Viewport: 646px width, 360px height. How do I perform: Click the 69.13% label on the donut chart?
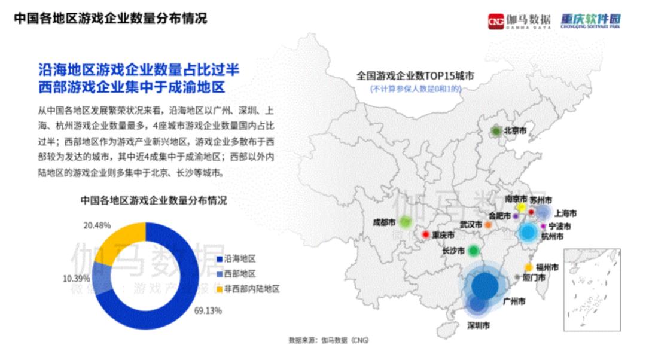pyautogui.click(x=208, y=310)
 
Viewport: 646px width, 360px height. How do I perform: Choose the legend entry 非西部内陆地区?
pyautogui.click(x=251, y=289)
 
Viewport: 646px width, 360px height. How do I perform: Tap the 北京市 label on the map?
pyautogui.click(x=515, y=130)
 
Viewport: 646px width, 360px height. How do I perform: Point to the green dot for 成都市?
pyautogui.click(x=406, y=222)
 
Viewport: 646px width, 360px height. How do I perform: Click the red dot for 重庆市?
pyautogui.click(x=426, y=235)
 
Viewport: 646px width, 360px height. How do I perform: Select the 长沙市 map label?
pyautogui.click(x=453, y=251)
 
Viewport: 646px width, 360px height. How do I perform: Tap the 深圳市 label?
pyautogui.click(x=478, y=326)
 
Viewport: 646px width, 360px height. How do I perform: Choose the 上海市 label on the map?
pyautogui.click(x=565, y=213)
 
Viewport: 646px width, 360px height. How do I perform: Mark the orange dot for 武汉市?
pyautogui.click(x=488, y=225)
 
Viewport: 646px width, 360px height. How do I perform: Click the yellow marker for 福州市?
pyautogui.click(x=529, y=267)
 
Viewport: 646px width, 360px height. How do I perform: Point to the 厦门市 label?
pyautogui.click(x=534, y=277)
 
